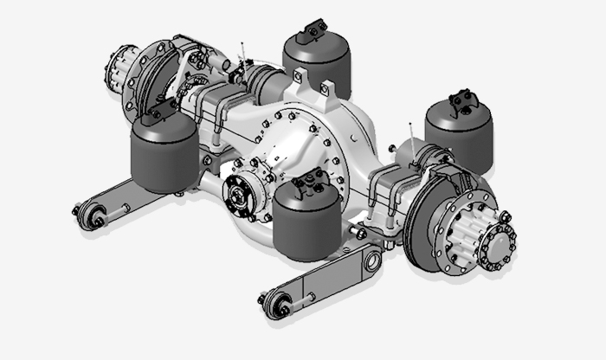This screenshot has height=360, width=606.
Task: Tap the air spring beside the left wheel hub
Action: [164, 153]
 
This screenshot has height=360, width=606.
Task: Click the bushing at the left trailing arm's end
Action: [90, 215]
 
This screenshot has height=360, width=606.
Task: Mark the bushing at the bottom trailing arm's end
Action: [279, 304]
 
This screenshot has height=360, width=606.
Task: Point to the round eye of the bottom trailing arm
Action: [371, 257]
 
